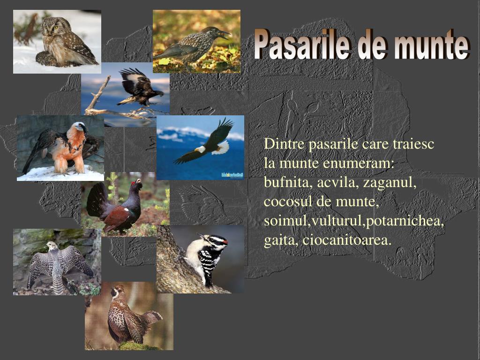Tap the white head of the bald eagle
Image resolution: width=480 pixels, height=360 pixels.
pyautogui.click(x=201, y=149)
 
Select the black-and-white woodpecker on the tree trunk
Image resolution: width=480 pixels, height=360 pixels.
pyautogui.click(x=209, y=255)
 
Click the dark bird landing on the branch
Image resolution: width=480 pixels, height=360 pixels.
pyautogui.click(x=138, y=87)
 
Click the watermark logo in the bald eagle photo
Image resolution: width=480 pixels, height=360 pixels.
pyautogui.click(x=232, y=175)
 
